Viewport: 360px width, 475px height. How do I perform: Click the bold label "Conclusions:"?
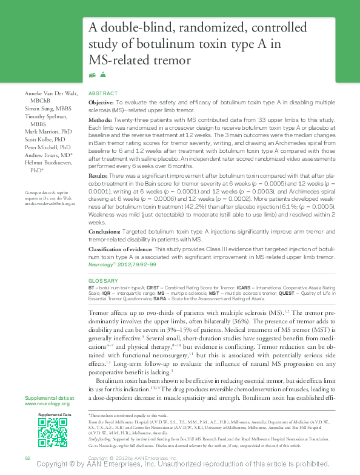pyautogui.click(x=105, y=231)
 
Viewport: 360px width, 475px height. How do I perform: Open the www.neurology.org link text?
pyautogui.click(x=47, y=403)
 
